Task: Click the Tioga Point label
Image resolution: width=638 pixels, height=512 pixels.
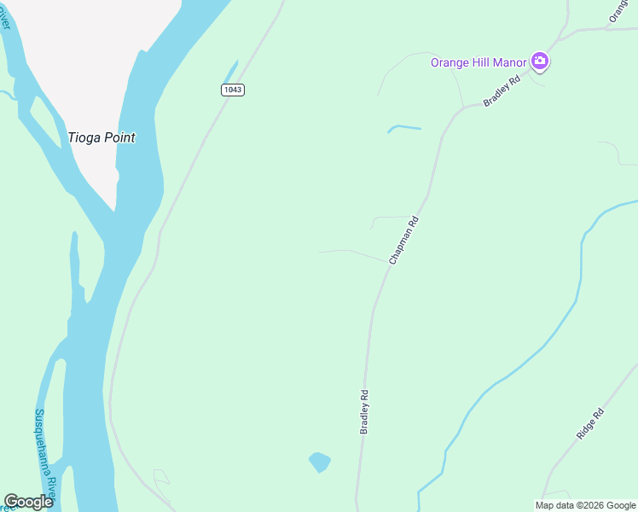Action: coord(101,137)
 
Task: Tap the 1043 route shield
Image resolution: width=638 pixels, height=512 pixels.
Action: coord(232,90)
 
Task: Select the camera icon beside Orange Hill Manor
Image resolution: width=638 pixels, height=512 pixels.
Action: coord(539,61)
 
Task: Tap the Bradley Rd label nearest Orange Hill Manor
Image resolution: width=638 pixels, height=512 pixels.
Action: coord(502,92)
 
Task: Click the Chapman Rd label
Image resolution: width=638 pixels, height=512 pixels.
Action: coord(404,240)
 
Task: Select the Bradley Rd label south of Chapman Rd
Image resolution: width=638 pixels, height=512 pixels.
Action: coord(364,413)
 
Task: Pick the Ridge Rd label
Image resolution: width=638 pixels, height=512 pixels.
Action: coord(590,423)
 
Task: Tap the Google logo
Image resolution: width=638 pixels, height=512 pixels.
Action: coord(28,502)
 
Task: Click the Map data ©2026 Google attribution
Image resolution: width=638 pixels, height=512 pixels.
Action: coord(586,505)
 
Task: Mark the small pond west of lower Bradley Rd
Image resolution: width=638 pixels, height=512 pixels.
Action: coord(320,463)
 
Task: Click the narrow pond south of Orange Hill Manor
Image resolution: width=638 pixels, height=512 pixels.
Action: coord(404,129)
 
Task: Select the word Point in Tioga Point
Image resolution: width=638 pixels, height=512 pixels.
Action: coord(118,137)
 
